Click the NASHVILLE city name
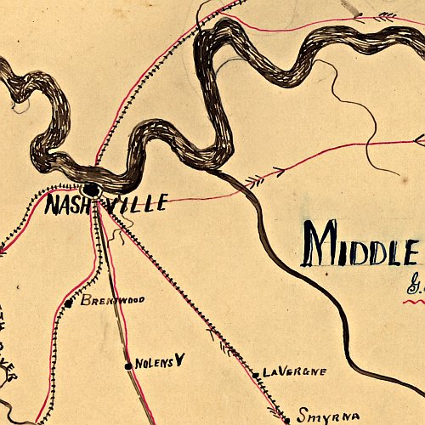point(105,205)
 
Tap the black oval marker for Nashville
point(91,190)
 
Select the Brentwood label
point(113,300)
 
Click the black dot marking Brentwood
point(68,303)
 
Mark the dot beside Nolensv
point(128,365)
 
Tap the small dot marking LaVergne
point(256,374)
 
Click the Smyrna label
point(323,416)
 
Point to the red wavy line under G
point(414,300)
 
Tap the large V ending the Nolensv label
point(179,360)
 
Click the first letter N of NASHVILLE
point(52,205)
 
